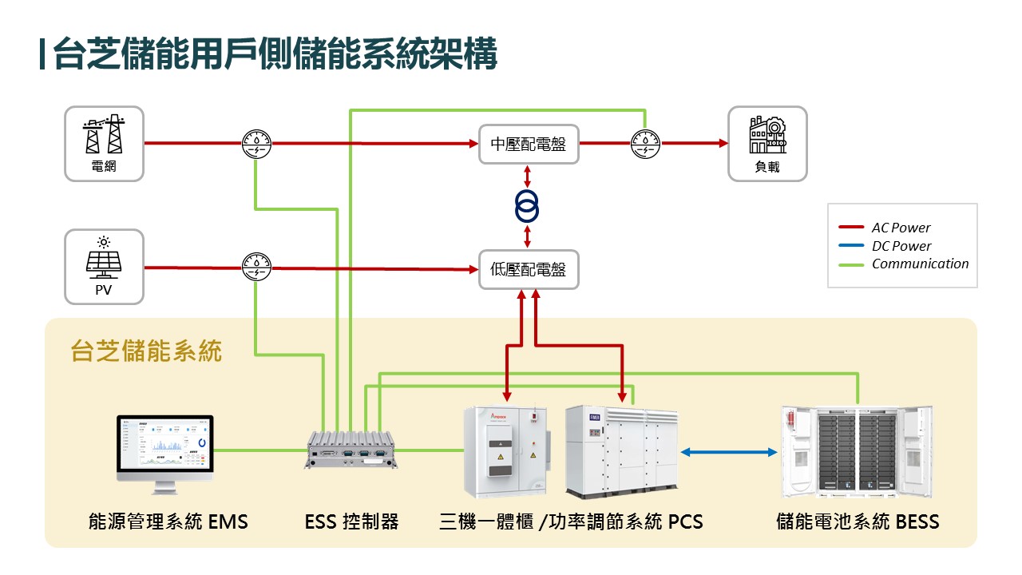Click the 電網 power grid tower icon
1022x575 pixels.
tap(104, 135)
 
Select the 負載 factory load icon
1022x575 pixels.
tap(767, 136)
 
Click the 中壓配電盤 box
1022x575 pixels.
tap(529, 145)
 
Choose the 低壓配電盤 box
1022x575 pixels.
tap(529, 270)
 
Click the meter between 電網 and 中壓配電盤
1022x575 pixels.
tap(256, 144)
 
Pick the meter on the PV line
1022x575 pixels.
tap(256, 268)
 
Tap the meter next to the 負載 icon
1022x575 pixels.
tap(645, 144)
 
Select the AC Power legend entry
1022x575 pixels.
tap(901, 228)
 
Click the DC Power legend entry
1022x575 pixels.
tap(901, 246)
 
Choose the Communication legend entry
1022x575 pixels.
tap(919, 264)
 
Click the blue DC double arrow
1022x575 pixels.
tap(729, 453)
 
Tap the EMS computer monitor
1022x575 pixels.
tap(165, 452)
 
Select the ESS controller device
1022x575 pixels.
tap(352, 452)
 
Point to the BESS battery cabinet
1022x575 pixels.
tap(857, 452)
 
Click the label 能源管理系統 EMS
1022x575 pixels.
tap(168, 522)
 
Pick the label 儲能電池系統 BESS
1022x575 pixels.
tap(858, 522)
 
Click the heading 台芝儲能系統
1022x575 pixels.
tap(146, 351)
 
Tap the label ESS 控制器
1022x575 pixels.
tap(351, 522)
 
